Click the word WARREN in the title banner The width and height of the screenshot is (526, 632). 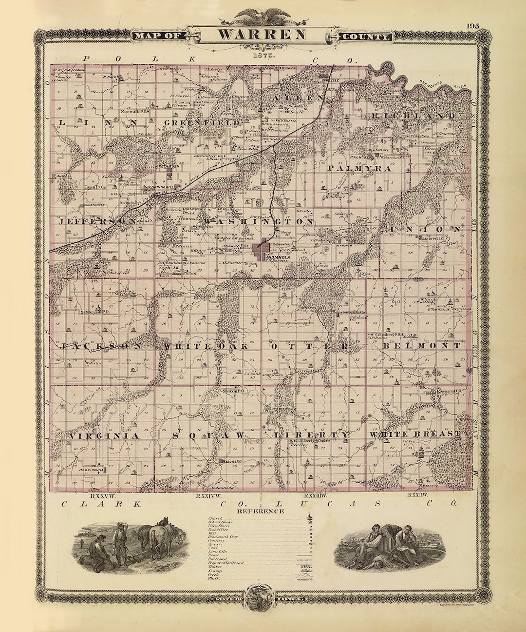(262, 35)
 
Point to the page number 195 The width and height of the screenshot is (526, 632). (472, 26)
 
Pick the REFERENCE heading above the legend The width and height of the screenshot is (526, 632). (260, 511)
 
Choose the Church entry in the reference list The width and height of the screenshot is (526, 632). (216, 518)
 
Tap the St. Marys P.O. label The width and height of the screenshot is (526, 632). (96, 311)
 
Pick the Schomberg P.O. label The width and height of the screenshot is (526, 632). (390, 335)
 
